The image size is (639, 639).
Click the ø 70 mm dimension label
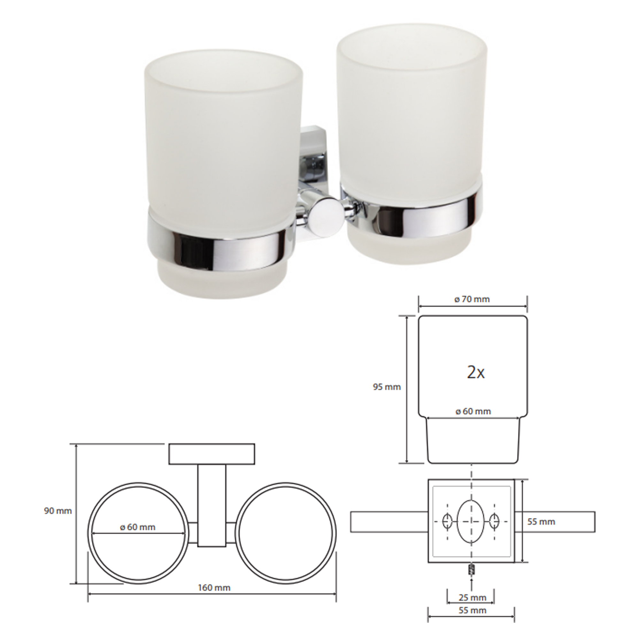[472, 300]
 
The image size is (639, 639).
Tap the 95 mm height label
[387, 387]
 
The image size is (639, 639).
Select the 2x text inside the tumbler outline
[476, 373]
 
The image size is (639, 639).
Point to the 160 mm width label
[214, 588]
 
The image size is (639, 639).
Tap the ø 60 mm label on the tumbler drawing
[473, 412]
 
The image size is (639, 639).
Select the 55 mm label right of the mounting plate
[541, 522]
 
